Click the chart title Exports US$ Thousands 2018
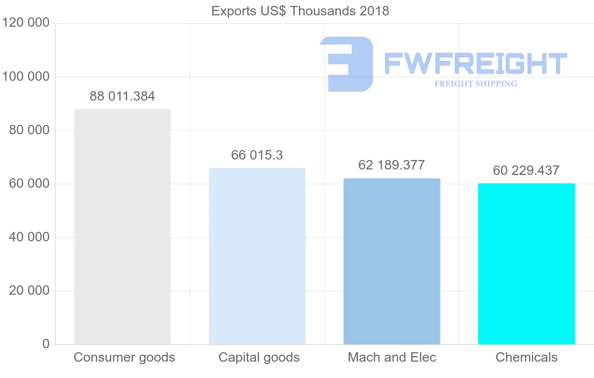pyautogui.click(x=300, y=11)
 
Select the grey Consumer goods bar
pyautogui.click(x=122, y=226)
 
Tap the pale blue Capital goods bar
pyautogui.click(x=257, y=256)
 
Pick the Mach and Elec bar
pyautogui.click(x=392, y=261)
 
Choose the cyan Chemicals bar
pyautogui.click(x=526, y=264)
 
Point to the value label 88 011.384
pyautogui.click(x=122, y=97)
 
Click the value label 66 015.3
pyautogui.click(x=257, y=156)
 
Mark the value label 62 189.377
pyautogui.click(x=392, y=165)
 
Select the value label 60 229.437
pyautogui.click(x=526, y=171)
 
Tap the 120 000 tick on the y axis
pyautogui.click(x=26, y=23)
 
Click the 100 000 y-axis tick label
pyautogui.click(x=26, y=77)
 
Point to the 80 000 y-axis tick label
pyautogui.click(x=29, y=130)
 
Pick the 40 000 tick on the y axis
pyautogui.click(x=29, y=237)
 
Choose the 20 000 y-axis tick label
pyautogui.click(x=29, y=291)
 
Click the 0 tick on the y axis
pyautogui.click(x=46, y=344)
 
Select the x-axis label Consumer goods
pyautogui.click(x=124, y=358)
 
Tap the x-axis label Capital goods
pyautogui.click(x=259, y=358)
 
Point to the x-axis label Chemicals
pyautogui.click(x=526, y=358)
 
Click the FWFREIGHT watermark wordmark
pyautogui.click(x=475, y=63)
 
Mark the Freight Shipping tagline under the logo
pyautogui.click(x=475, y=84)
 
